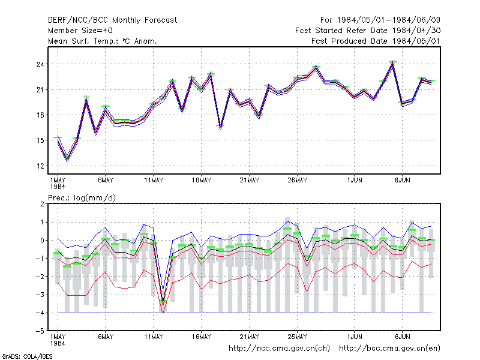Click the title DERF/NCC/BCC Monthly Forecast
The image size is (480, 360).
[112, 20]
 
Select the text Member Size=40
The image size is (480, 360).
[80, 31]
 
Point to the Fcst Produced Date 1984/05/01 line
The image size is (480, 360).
[376, 41]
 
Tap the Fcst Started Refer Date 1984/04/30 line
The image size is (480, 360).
[368, 31]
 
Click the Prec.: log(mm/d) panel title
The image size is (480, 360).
[82, 198]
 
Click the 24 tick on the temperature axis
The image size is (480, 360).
[40, 64]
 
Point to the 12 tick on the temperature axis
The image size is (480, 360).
[40, 166]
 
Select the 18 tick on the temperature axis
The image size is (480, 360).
[40, 115]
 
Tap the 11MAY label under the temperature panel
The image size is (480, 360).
[154, 181]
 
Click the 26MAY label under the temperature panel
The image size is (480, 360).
[297, 181]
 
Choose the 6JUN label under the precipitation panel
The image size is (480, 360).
[402, 337]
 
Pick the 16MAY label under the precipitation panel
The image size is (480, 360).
[201, 337]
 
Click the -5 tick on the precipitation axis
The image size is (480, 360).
[40, 331]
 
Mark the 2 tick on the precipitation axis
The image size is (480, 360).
[42, 204]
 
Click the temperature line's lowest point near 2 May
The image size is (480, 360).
[67, 159]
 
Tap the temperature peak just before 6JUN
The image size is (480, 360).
[393, 63]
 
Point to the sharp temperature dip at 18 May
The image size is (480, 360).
[220, 127]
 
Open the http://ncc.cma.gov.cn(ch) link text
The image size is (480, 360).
[279, 349]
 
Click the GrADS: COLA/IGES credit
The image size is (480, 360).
[27, 356]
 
